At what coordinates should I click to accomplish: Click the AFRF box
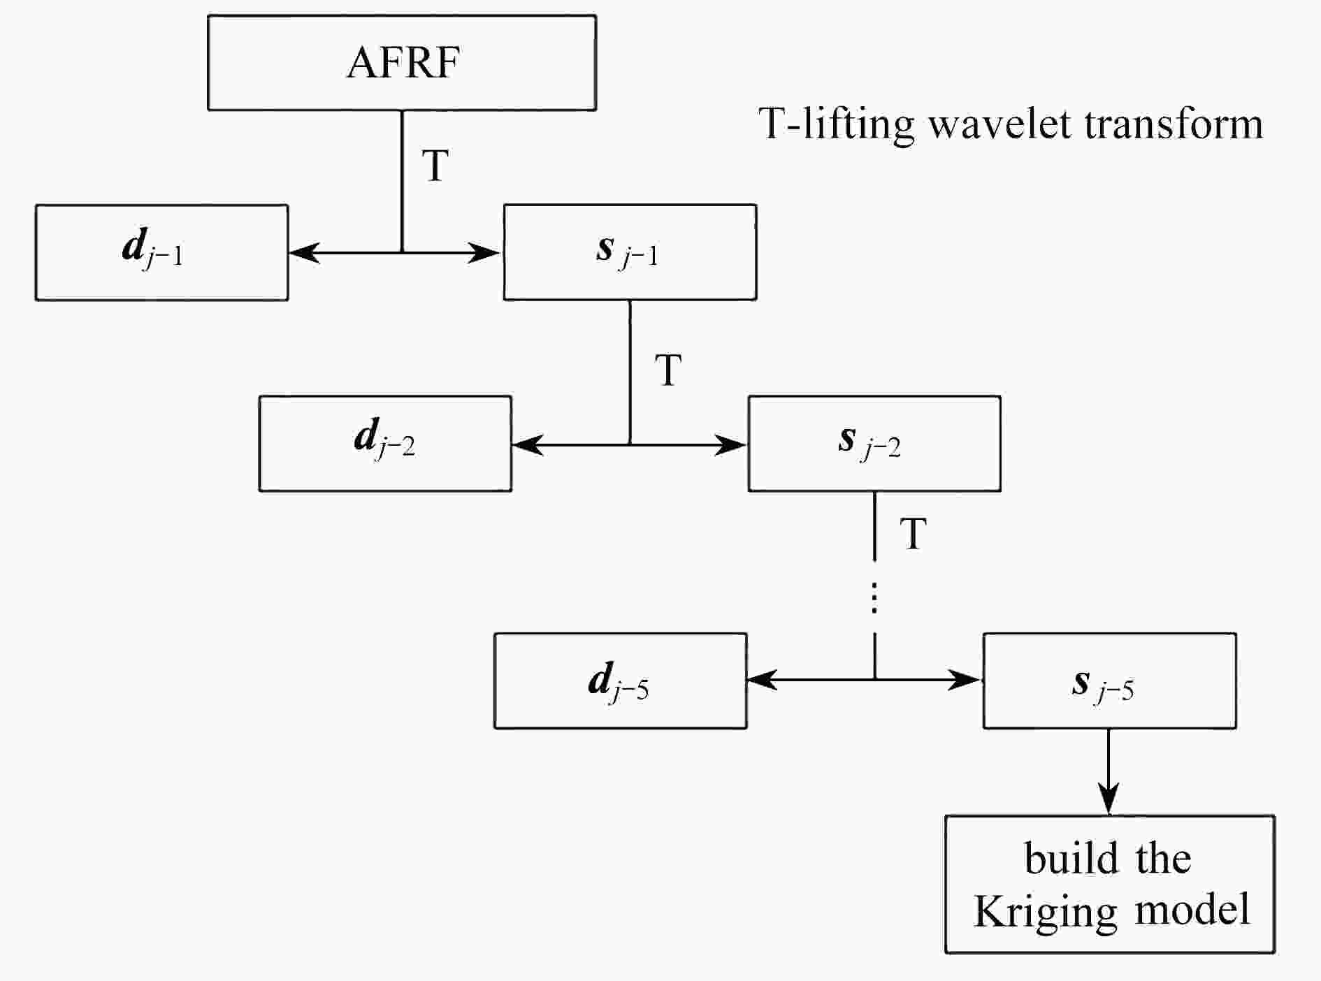pos(402,63)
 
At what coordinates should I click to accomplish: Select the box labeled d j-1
pos(161,252)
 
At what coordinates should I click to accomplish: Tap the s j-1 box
pos(630,252)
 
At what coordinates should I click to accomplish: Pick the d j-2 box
pos(385,444)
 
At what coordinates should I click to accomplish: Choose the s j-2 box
pos(874,444)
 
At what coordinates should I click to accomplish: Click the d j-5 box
pos(621,681)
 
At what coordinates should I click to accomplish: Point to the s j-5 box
pos(1110,681)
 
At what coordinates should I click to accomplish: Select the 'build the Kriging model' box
pos(1110,884)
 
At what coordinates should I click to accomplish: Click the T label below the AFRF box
pos(435,166)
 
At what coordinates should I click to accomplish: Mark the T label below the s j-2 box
pos(914,534)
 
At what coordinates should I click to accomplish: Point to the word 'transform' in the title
pos(1174,124)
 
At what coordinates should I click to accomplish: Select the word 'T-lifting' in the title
pos(837,126)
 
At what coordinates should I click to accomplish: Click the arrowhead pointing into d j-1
pos(303,252)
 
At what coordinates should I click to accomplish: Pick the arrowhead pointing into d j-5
pos(762,679)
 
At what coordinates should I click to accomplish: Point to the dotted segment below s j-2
pos(875,597)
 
